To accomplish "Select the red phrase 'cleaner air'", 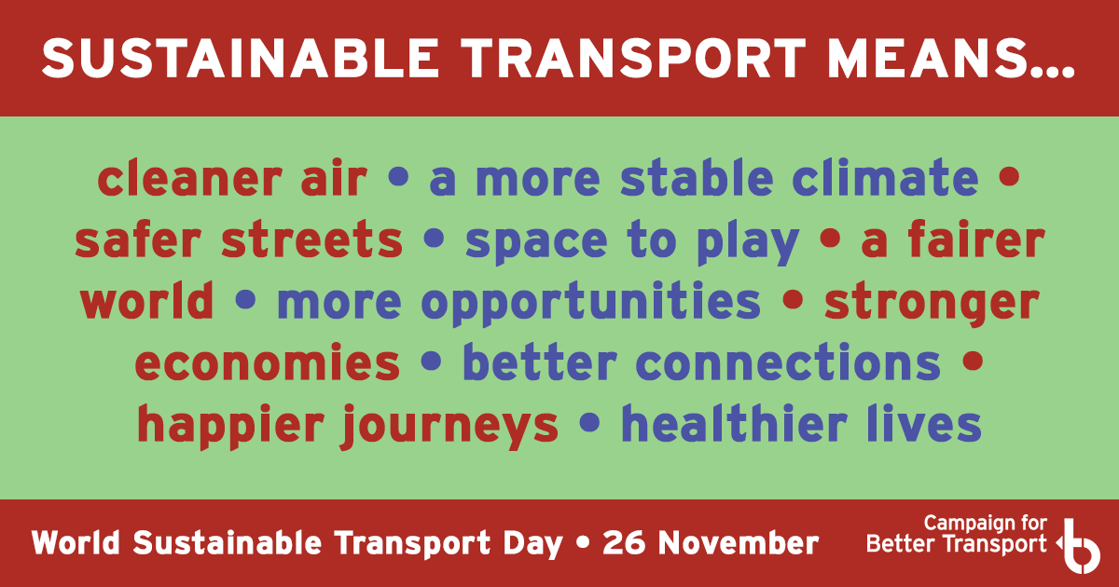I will [232, 179].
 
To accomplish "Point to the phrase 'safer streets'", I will [239, 241].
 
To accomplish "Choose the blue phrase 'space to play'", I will [632, 241].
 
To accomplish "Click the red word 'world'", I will [146, 301].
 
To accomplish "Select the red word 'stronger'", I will [932, 303].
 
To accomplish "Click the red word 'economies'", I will [268, 362].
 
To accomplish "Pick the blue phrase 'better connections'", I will [701, 362].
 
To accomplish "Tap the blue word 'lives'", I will [933, 424].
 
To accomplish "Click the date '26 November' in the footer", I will [711, 542].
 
